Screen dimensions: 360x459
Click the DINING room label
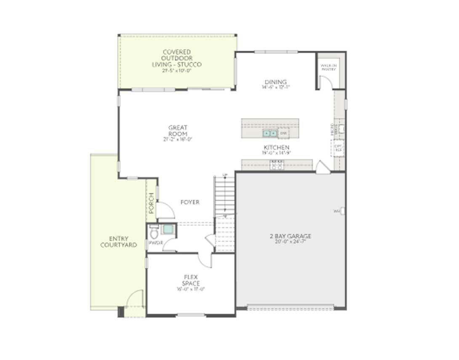[276, 82]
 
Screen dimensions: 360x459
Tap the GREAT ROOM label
[178, 131]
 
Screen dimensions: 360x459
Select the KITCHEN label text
[276, 148]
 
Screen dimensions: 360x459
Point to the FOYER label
[190, 202]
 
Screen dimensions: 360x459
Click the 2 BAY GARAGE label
[291, 236]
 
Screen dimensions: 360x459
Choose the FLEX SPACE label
[191, 280]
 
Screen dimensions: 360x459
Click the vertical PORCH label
[151, 203]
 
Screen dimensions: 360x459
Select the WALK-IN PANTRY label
[328, 67]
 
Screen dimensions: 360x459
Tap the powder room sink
[168, 229]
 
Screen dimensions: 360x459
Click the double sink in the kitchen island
[270, 134]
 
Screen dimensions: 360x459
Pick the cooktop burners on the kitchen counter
[277, 165]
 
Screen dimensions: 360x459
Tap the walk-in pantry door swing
[326, 83]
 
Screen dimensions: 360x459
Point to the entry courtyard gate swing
[135, 299]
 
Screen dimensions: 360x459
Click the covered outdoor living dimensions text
[177, 71]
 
